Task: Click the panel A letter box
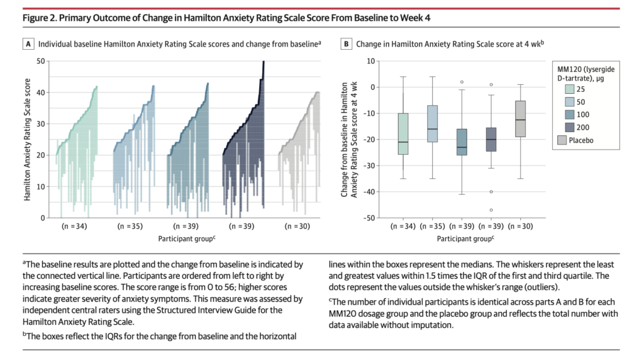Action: point(28,44)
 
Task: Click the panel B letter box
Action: point(345,44)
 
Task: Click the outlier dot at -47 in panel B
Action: point(491,210)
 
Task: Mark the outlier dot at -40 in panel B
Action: point(491,191)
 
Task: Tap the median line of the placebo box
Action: point(521,120)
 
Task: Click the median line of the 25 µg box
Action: point(403,142)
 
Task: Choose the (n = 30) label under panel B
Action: point(521,227)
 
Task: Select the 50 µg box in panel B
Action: point(433,123)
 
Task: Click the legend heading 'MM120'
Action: point(571,67)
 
